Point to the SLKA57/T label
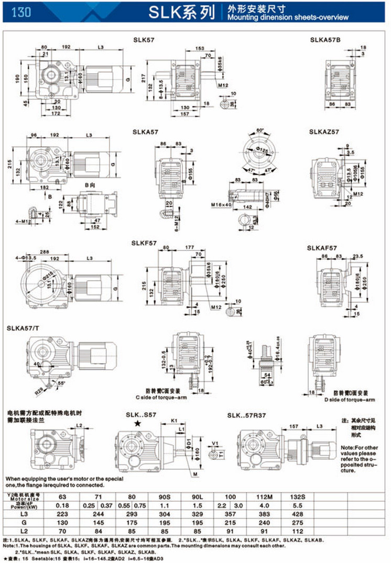pyautogui.click(x=23, y=328)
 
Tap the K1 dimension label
pyautogui.click(x=175, y=420)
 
